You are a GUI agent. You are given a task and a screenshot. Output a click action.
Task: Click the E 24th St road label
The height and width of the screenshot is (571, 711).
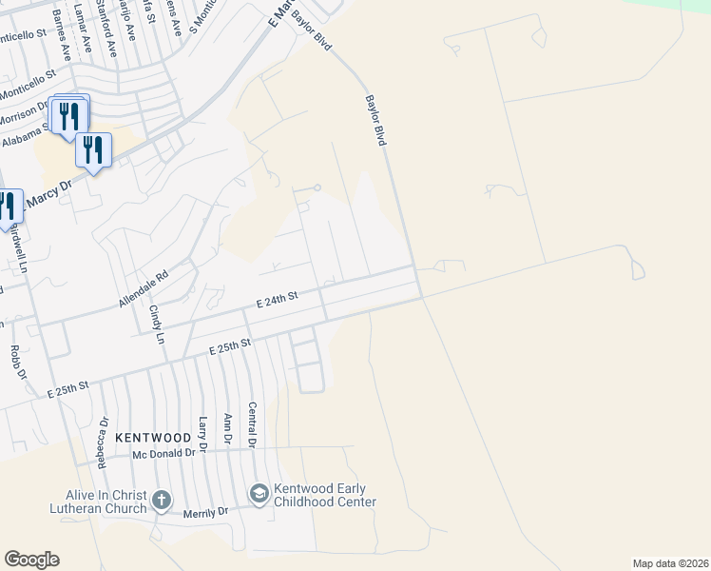(277, 300)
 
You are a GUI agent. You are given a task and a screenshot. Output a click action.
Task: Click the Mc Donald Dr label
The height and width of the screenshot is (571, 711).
(163, 454)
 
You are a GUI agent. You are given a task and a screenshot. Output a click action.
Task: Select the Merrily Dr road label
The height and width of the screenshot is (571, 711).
(210, 511)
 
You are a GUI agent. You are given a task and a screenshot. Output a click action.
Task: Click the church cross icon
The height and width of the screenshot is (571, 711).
(162, 500)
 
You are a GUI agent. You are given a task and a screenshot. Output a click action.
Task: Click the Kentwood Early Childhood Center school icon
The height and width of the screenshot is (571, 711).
(259, 493)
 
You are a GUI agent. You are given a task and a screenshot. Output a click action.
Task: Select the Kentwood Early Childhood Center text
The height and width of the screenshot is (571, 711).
(325, 495)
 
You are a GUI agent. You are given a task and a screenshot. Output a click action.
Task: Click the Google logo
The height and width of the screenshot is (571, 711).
(31, 560)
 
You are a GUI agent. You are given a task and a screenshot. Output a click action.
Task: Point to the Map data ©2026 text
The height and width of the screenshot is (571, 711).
(670, 563)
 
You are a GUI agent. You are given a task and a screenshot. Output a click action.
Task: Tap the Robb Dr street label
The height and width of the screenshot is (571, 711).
(15, 363)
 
